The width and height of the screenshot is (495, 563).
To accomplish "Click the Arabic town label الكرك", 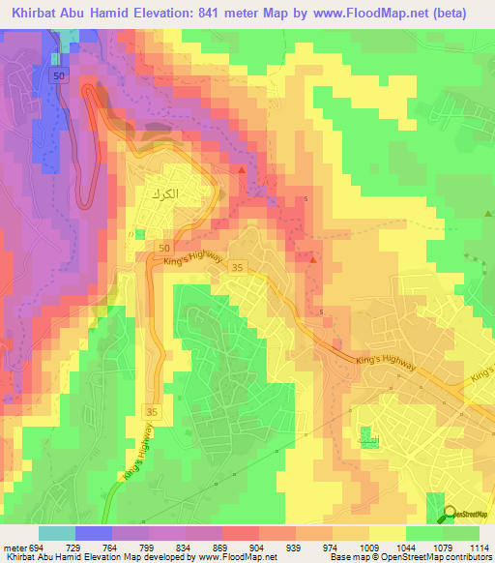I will tap(165, 193).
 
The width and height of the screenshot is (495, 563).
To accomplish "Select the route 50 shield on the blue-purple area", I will tap(60, 75).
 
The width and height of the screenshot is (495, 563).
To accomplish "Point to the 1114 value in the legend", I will tap(476, 548).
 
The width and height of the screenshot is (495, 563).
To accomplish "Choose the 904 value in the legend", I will tap(256, 548).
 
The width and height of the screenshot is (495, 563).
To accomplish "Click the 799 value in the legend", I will tap(146, 548).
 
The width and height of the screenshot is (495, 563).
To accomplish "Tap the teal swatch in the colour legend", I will tap(56, 533).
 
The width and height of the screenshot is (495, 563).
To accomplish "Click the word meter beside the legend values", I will tap(14, 548).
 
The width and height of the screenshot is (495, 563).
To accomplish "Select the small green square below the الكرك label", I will tap(140, 234).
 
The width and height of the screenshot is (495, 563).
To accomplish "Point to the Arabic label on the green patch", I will tap(369, 439).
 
